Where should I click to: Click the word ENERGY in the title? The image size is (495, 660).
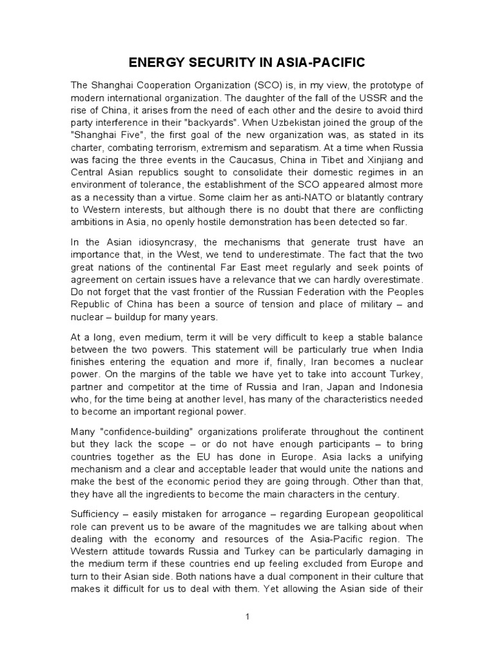click(151, 63)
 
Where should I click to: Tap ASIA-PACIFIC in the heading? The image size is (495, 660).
click(312, 63)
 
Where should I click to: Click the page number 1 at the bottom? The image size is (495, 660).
click(247, 616)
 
